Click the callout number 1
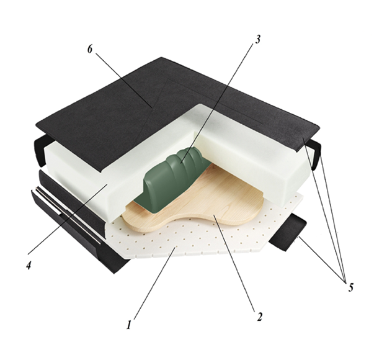(128, 325)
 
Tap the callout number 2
(259, 317)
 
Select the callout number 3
(257, 40)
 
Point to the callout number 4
(29, 265)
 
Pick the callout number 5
(350, 287)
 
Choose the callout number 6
(90, 49)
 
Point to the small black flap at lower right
(288, 233)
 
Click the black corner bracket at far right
(315, 154)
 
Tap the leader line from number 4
(68, 220)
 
